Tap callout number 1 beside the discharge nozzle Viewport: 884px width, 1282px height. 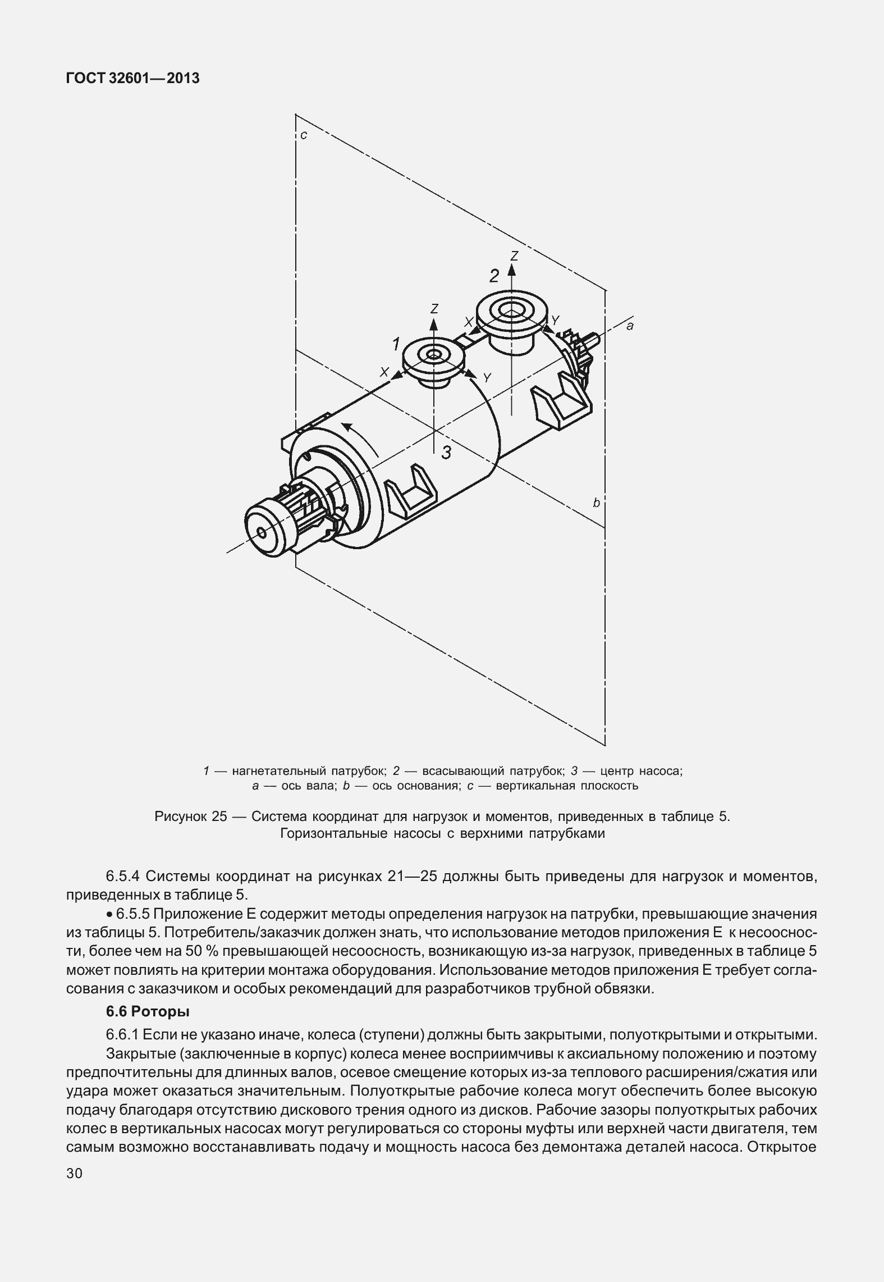tap(396, 343)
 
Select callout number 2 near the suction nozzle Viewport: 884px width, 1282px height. tap(494, 276)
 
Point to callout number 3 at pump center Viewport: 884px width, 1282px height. tap(446, 452)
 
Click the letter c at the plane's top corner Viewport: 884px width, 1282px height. tap(304, 135)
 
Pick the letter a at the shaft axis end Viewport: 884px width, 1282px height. tap(630, 325)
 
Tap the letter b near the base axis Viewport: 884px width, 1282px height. tap(597, 503)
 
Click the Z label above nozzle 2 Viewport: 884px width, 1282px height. tap(514, 256)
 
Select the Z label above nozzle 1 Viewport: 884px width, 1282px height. tap(434, 308)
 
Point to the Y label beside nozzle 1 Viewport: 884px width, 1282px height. tap(487, 378)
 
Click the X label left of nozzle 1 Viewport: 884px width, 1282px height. tap(384, 372)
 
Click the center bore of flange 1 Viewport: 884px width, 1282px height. tap(434, 355)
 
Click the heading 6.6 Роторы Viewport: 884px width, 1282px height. tap(148, 1012)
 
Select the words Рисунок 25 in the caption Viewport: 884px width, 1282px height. tap(190, 816)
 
